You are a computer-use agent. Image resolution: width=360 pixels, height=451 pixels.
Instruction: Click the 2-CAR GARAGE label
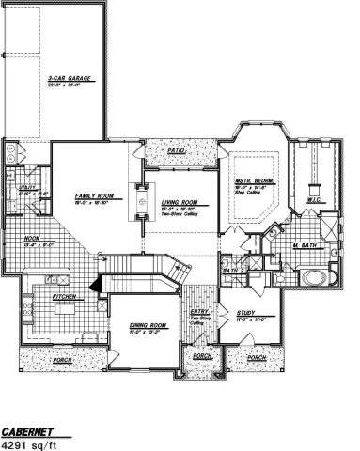coord(70,80)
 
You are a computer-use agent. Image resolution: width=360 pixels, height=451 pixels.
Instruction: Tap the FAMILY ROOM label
coord(95,195)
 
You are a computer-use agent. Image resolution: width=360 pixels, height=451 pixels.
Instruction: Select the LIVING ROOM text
coord(178,202)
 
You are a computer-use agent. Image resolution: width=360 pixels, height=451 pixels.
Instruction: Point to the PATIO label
coord(176,149)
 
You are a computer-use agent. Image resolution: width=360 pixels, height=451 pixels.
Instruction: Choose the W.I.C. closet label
coord(314,200)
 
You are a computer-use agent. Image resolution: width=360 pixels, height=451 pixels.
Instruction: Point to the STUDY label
coord(247,313)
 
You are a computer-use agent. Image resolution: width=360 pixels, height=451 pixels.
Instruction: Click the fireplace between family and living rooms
coord(140,202)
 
